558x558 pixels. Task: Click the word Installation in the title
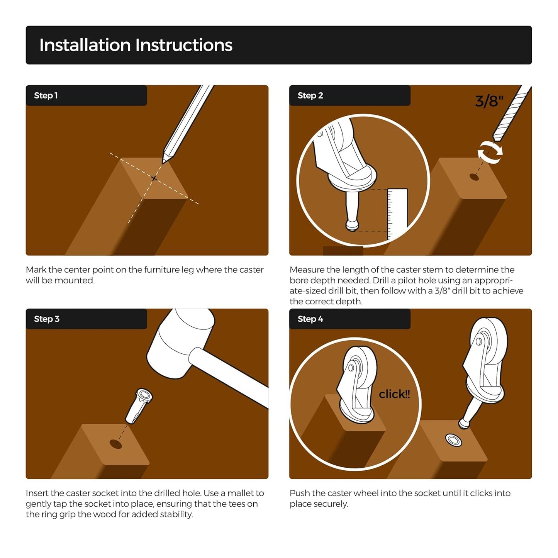point(85,45)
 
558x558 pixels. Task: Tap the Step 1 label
point(46,95)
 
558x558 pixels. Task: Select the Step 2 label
point(310,95)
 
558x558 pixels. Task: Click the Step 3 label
point(47,319)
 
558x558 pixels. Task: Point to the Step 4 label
point(310,319)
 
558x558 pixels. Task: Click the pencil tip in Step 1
point(164,161)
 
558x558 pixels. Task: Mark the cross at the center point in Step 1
point(154,178)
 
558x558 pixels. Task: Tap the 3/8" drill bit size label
point(489,101)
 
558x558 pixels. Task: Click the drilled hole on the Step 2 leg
point(474,176)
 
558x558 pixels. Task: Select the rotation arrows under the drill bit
point(490,152)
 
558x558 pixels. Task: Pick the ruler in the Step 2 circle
point(397,215)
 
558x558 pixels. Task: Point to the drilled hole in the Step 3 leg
point(116,444)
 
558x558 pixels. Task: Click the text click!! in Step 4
point(394,394)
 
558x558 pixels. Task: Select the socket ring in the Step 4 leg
point(453,441)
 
